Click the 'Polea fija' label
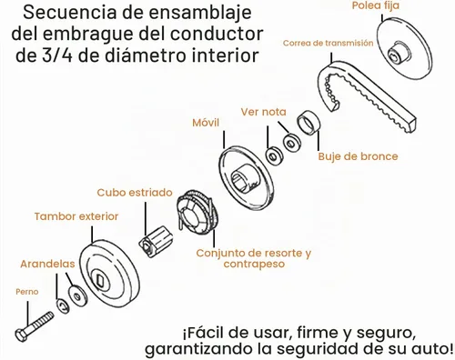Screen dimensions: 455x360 point(375,5)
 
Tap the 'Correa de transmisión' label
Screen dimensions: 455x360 point(328,43)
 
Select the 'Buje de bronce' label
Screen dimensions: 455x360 point(358,156)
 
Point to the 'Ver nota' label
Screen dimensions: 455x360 point(264,112)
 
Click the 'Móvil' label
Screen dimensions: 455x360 point(206,123)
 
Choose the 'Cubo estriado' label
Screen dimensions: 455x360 point(135,193)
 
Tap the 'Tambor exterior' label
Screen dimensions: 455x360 point(76,216)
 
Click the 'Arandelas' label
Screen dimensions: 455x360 point(47,264)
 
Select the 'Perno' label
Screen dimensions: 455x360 point(27,292)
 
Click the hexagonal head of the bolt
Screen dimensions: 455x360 point(21,335)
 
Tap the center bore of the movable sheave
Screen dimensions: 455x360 point(244,180)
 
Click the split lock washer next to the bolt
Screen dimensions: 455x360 point(63,305)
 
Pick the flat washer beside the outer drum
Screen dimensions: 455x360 point(77,295)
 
